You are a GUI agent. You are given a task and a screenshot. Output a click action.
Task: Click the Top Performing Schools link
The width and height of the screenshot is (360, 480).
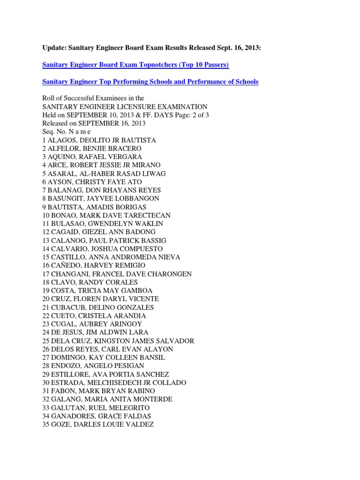(x=150, y=82)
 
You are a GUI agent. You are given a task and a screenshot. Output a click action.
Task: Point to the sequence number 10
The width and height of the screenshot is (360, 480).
(x=46, y=215)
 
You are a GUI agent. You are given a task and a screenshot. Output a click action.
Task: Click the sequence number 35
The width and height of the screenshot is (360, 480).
(x=46, y=424)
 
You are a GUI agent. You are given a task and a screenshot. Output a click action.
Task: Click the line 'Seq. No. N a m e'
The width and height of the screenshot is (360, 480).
(x=69, y=132)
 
